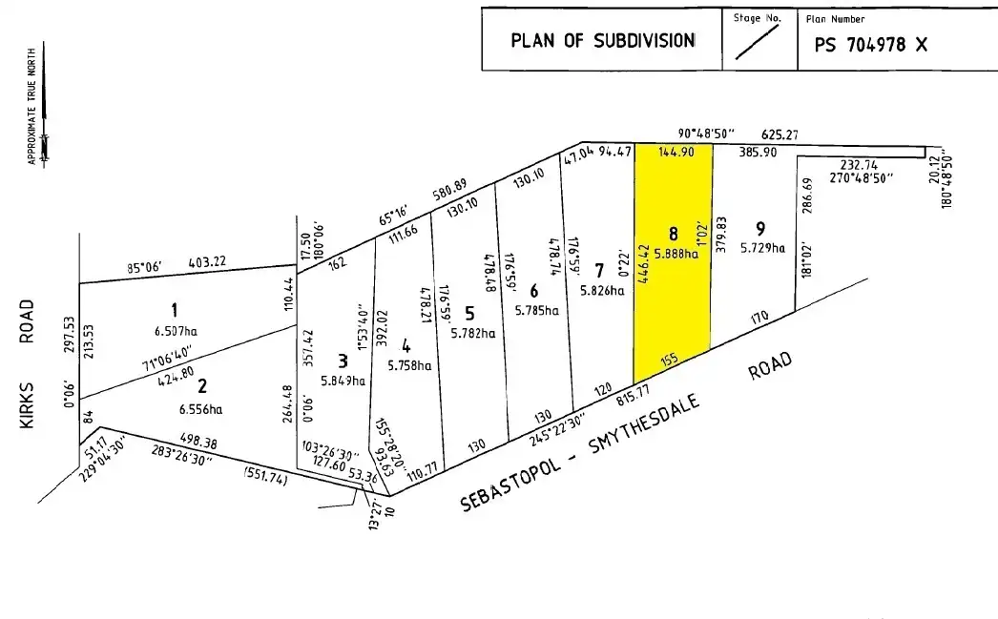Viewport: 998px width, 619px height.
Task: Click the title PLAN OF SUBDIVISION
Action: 602,41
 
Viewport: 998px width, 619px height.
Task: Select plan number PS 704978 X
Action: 869,44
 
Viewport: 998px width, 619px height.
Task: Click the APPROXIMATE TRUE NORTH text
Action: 32,105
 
